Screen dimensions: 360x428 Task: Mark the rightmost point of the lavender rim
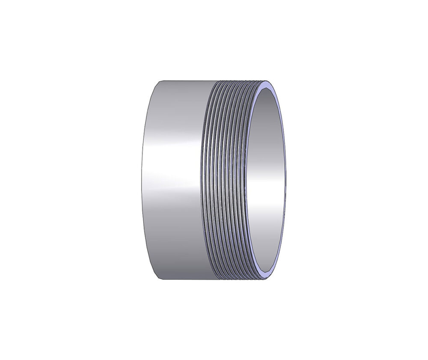[x=285, y=180]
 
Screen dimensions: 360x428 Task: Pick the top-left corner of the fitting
[x=159, y=81]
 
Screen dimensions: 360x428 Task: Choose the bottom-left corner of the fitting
[x=159, y=280]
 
